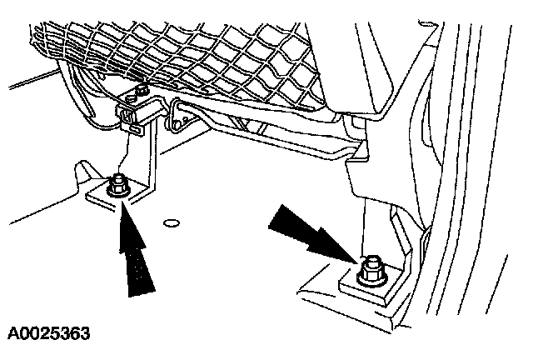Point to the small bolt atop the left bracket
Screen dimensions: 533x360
tap(142, 88)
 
